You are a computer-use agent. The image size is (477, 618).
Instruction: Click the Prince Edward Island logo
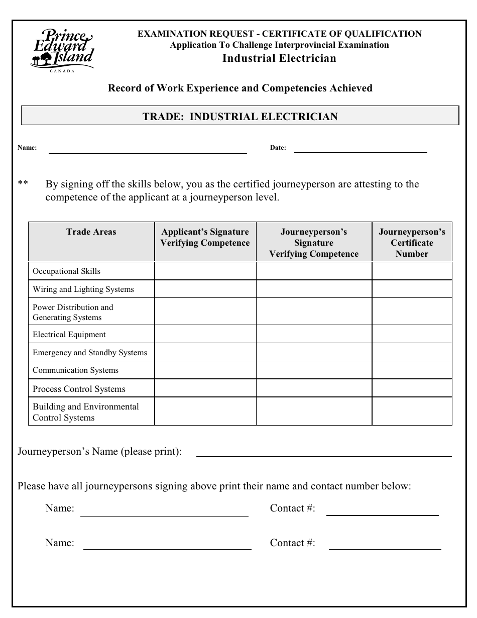point(62,49)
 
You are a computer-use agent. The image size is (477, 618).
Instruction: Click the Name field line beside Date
point(147,149)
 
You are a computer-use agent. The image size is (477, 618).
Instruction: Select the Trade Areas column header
point(91,232)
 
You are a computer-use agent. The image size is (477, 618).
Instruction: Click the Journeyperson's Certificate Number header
point(412,243)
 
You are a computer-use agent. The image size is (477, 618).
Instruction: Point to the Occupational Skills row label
point(66,271)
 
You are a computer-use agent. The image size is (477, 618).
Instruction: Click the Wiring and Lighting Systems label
point(83,289)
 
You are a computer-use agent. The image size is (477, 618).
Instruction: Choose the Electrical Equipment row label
point(69,335)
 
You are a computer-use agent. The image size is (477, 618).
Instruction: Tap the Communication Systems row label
point(76,370)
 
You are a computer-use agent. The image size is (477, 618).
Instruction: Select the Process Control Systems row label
point(79,389)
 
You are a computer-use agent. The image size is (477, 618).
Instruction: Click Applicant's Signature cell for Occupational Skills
point(205,271)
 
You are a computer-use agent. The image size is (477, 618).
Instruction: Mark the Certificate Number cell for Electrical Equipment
point(412,335)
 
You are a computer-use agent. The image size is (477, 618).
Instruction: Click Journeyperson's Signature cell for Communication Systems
point(314,370)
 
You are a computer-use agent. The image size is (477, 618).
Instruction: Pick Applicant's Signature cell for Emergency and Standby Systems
point(205,353)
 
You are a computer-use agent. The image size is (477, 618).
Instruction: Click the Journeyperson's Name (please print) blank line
point(324,453)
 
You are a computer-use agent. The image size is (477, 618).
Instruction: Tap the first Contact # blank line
point(382,512)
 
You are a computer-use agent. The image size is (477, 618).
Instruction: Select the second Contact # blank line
point(385,547)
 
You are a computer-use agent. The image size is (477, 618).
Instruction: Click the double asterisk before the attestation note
point(23,184)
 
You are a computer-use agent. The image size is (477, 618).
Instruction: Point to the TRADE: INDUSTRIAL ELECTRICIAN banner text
point(240,117)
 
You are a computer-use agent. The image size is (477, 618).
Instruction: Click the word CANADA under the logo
point(62,71)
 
